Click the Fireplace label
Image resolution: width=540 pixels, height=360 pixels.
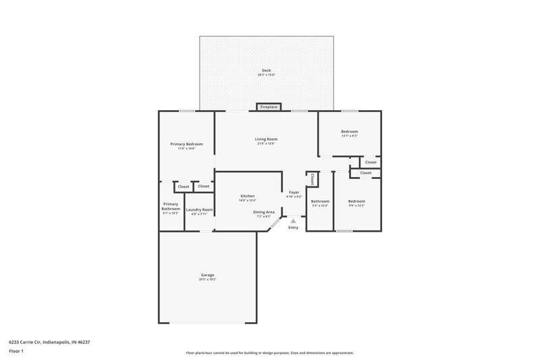pos(269,107)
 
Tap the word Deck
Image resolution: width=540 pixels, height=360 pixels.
pos(267,70)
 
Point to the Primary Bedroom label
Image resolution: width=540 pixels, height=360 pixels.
pos(186,144)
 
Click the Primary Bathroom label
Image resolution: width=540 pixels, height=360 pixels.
pos(171,207)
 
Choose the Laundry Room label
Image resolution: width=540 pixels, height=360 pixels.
pos(199,209)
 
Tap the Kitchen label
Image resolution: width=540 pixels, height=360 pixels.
pos(247,196)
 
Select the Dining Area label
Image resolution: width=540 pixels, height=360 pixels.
pos(264,212)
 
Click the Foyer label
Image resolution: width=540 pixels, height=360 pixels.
pos(294,192)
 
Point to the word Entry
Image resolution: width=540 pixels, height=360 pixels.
pos(293,227)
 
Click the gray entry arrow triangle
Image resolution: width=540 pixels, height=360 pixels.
pos(293,220)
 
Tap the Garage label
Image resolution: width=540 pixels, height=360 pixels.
pos(207,274)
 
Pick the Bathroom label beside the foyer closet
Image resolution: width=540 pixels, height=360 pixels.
pos(320,201)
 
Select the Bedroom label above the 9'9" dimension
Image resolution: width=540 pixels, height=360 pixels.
pos(356,201)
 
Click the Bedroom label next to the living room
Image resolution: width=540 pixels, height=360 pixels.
pos(349,131)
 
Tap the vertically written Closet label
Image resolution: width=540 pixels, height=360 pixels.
pos(312,180)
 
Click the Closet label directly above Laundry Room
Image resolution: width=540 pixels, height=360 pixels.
pos(203,186)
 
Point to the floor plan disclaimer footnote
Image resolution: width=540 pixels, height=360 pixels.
pos(270,353)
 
